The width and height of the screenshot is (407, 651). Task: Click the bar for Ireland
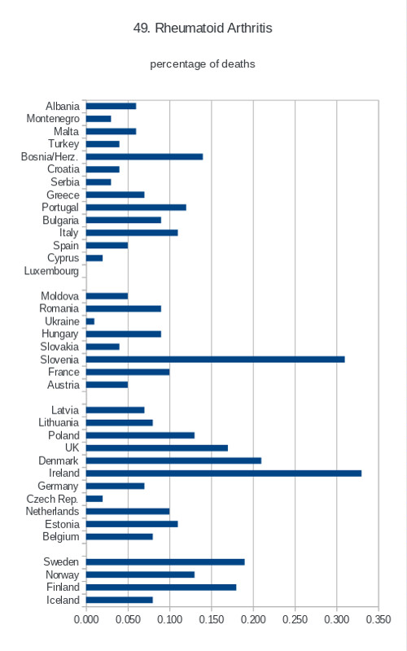point(224,474)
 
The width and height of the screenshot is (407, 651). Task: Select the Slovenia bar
point(216,359)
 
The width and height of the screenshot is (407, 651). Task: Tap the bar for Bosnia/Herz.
point(145,156)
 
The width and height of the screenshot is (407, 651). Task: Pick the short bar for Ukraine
point(90,321)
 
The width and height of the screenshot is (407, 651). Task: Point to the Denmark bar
point(173,461)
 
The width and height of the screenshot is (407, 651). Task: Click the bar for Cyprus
point(94,258)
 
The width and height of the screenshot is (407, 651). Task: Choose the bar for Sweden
point(165,561)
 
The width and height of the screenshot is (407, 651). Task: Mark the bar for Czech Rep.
point(94,499)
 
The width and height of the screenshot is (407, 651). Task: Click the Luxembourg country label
point(51,271)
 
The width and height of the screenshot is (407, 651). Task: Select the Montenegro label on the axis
point(53,119)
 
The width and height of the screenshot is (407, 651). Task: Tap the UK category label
point(72,448)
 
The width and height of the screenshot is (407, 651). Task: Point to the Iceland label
point(63,600)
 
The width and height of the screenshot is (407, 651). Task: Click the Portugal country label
point(60,208)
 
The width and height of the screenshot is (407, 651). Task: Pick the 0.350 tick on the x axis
point(379,619)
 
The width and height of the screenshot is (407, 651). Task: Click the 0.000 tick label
point(86,619)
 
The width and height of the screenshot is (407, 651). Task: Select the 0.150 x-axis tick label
point(212,619)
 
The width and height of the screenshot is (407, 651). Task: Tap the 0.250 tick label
point(295,619)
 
